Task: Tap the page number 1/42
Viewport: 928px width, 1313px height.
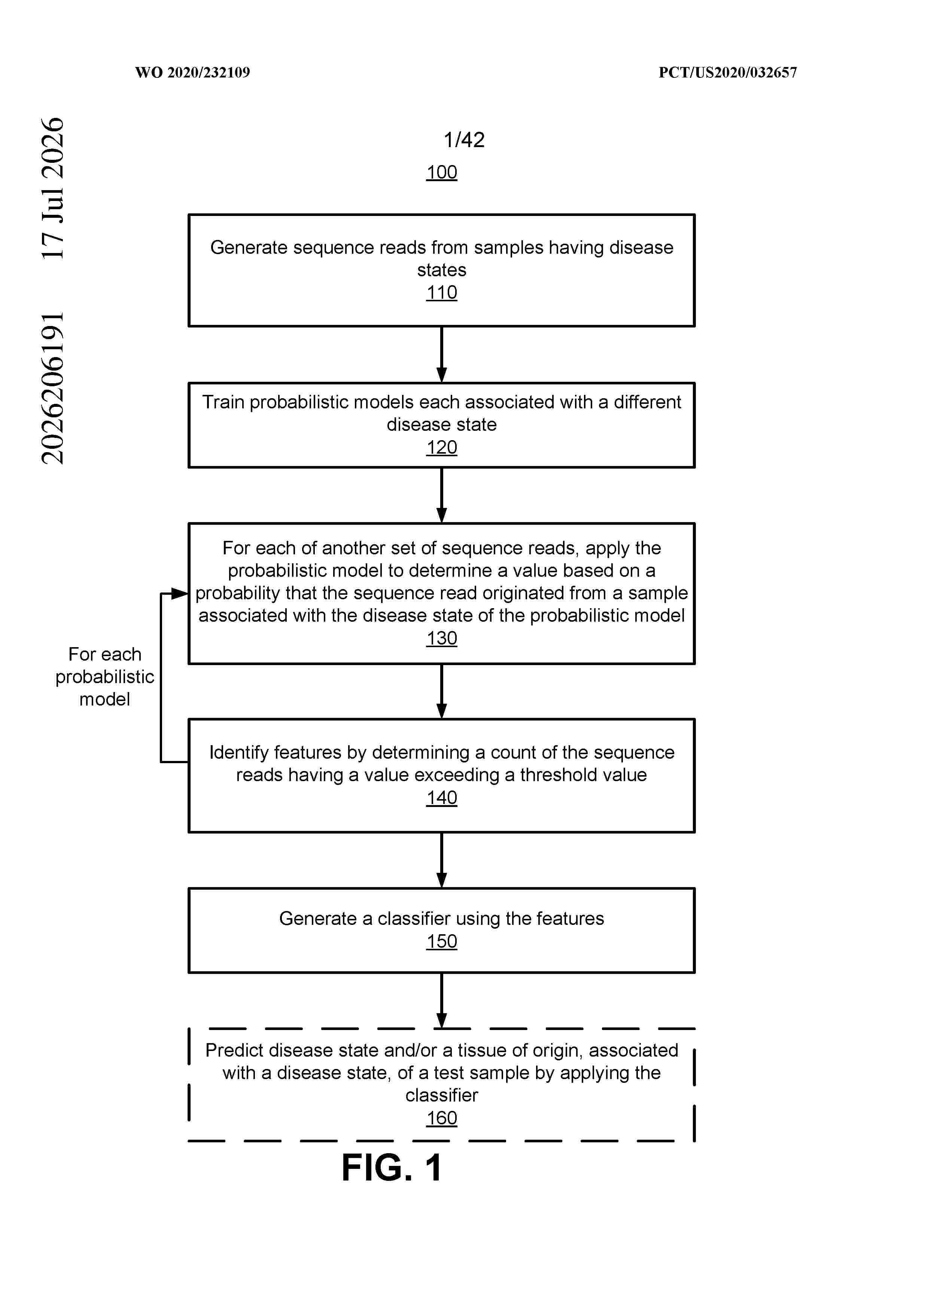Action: click(464, 140)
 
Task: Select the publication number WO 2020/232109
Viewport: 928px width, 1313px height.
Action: click(193, 73)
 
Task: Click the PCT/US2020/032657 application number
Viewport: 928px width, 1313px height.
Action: click(727, 73)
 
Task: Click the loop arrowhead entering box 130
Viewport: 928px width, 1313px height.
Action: click(180, 594)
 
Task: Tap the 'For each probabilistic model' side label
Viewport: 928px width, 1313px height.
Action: click(105, 676)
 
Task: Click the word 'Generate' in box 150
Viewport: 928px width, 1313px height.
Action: click(318, 919)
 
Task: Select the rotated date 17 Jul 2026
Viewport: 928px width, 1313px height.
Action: click(53, 188)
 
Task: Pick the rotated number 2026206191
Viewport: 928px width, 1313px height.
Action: click(53, 388)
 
